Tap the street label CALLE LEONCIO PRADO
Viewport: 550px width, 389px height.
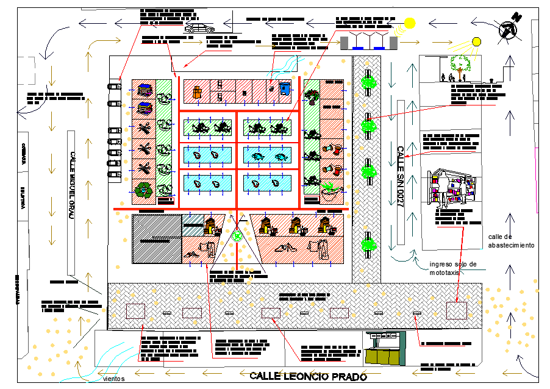tap(308, 376)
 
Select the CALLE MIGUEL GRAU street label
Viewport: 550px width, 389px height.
tap(72, 186)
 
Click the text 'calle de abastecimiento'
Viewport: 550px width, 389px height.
tap(511, 241)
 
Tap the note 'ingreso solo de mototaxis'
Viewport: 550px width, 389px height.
tap(452, 268)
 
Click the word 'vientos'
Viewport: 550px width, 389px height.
tap(113, 379)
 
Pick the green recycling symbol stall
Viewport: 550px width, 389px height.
tap(144, 190)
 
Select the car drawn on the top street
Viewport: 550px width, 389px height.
tap(199, 28)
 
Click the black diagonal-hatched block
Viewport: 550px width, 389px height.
tap(157, 238)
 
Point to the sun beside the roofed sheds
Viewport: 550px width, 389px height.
tap(409, 23)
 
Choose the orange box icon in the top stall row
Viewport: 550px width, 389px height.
tap(196, 92)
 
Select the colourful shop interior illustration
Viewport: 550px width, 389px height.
tap(452, 188)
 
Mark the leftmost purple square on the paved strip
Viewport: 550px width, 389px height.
tap(135, 312)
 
